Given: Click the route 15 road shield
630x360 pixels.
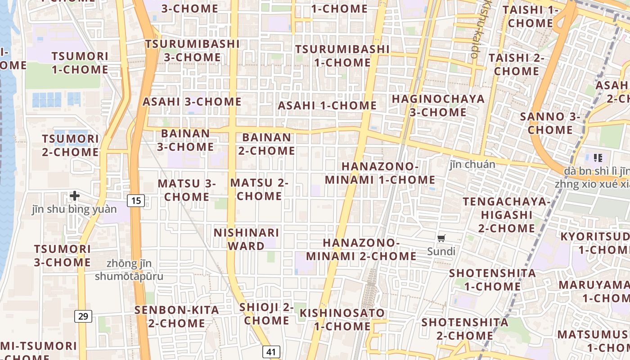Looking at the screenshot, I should [x=136, y=201].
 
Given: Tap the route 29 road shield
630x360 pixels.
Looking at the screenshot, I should [x=83, y=316].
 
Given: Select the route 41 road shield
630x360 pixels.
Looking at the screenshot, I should [x=271, y=352].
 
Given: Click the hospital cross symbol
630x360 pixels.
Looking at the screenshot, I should [x=75, y=196].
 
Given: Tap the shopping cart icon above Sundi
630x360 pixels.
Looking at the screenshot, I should [x=441, y=238].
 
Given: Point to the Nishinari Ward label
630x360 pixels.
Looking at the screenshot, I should [x=246, y=239].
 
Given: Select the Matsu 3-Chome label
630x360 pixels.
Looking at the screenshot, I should [x=186, y=190].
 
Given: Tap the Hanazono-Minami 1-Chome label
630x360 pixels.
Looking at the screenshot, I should [x=380, y=173].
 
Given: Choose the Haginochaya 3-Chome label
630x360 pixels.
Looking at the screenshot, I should [x=438, y=105].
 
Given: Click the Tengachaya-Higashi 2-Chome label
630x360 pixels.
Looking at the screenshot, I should [x=506, y=215].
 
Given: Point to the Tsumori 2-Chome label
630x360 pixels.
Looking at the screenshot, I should [x=70, y=145].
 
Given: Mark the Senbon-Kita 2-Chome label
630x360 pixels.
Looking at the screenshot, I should [x=177, y=316].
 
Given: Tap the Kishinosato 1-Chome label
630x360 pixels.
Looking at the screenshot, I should [x=342, y=319].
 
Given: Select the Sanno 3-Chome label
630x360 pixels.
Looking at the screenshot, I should [x=550, y=123].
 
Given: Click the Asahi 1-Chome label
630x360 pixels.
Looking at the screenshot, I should [x=327, y=106].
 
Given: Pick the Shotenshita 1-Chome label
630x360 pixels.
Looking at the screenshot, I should [x=492, y=279].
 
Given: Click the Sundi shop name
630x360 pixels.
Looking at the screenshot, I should [x=441, y=252].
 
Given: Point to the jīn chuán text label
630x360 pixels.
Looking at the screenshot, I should [x=472, y=164].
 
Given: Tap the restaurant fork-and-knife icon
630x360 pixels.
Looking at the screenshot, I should [x=598, y=157].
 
